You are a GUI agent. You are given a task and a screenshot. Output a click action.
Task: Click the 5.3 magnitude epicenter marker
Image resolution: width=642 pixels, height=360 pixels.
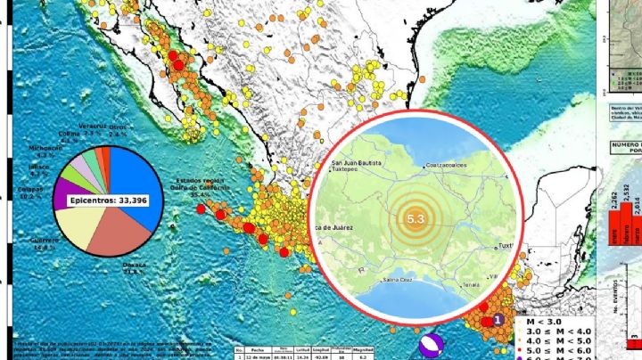[416, 218]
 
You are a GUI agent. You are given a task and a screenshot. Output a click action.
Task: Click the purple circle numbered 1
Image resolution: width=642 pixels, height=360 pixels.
[498, 319]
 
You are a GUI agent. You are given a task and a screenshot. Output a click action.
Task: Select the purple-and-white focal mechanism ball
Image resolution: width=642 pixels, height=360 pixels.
[432, 344]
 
